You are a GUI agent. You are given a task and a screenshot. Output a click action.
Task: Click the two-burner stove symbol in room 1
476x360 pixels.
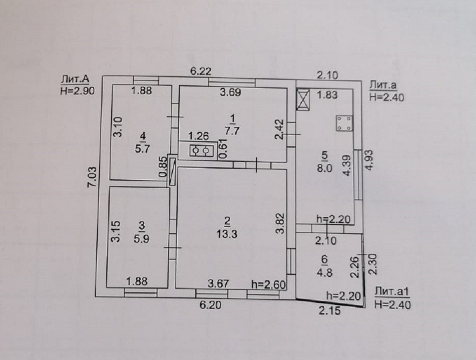pos(201,151)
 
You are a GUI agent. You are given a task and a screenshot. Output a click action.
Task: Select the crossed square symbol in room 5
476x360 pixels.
pos(303,99)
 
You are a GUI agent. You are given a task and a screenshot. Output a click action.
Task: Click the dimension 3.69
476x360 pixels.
pos(231,93)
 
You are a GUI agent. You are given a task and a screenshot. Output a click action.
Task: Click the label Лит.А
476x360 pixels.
pos(75,79)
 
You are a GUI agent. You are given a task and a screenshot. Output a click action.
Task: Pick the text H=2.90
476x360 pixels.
pos(77,90)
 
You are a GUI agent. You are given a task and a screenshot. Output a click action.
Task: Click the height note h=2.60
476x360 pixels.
pos(268,284)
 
